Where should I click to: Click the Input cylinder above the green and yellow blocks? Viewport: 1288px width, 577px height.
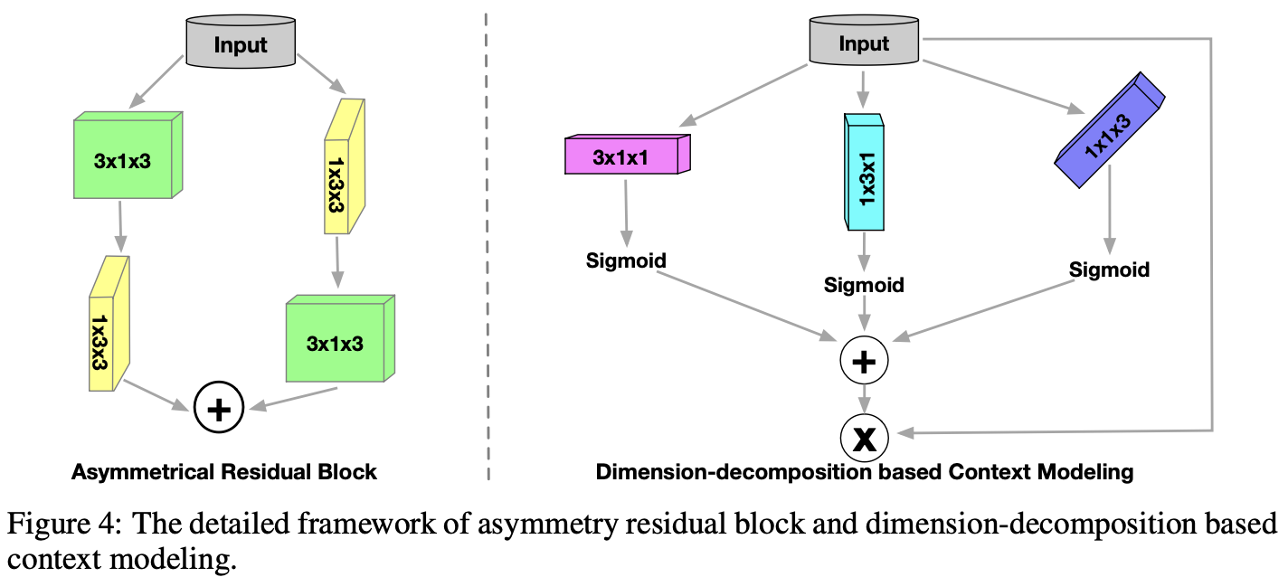click(x=241, y=43)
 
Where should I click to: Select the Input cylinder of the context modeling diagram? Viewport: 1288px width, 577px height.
click(x=864, y=40)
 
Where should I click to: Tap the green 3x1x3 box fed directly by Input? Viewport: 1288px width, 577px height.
click(x=128, y=156)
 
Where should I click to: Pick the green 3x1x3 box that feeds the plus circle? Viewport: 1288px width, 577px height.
click(x=340, y=338)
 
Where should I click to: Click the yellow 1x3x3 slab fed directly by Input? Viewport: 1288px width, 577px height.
click(x=345, y=166)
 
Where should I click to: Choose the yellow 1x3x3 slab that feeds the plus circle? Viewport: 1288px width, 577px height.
click(x=109, y=324)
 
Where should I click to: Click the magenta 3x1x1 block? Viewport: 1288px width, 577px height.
click(x=628, y=154)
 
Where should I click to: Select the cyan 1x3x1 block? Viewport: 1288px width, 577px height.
click(x=864, y=172)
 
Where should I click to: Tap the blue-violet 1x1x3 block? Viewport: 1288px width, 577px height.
click(x=1109, y=130)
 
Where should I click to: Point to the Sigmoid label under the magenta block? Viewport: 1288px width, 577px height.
click(x=626, y=260)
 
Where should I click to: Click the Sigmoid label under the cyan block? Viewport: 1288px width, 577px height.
click(x=864, y=285)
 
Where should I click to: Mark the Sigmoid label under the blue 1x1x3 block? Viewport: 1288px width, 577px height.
click(x=1109, y=270)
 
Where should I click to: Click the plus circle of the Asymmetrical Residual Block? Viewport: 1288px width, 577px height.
click(x=219, y=408)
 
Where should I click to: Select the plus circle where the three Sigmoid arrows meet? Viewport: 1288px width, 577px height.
click(x=864, y=360)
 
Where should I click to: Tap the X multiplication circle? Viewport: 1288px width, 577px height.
click(x=864, y=438)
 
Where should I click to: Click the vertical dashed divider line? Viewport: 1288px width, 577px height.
click(x=487, y=246)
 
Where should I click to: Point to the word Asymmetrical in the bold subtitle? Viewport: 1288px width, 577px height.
click(x=143, y=472)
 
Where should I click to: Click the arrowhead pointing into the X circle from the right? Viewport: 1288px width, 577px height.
click(x=905, y=432)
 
